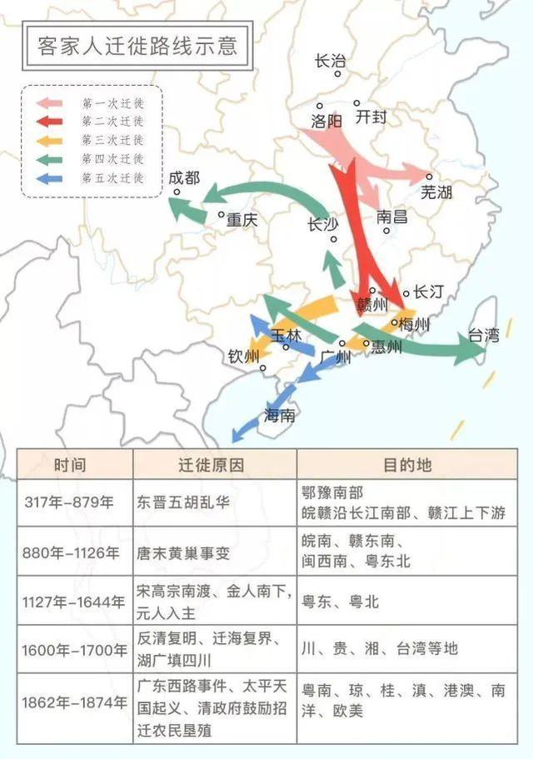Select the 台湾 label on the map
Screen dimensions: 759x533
pos(483,336)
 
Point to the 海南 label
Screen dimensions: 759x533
pos(279,415)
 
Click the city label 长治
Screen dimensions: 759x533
pos(330,61)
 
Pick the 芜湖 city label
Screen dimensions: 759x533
pos(436,192)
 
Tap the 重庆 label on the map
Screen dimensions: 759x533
pos(242,221)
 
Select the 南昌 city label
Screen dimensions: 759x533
pos(392,217)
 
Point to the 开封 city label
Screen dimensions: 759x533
pos(371,117)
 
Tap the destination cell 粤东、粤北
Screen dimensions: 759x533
pos(341,601)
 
